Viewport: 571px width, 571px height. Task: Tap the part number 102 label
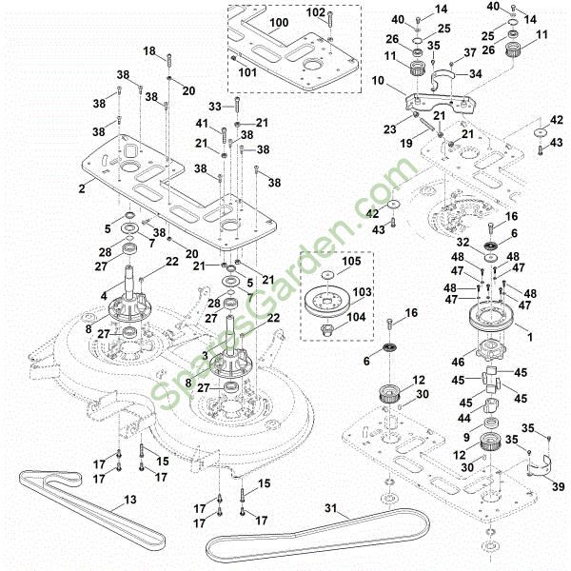316,13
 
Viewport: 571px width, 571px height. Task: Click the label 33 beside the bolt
215,106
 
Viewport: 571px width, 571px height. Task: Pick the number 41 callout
201,125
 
